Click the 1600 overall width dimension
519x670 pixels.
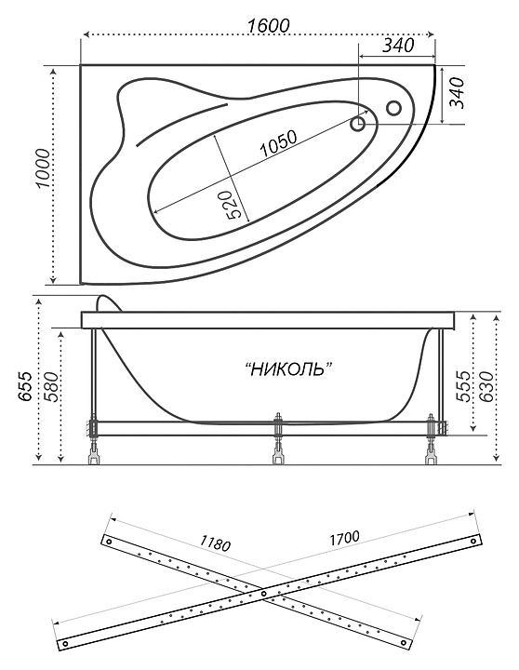[268, 26]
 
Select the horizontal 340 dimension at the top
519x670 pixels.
[398, 45]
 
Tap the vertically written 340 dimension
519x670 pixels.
[456, 93]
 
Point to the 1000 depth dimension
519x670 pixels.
[43, 168]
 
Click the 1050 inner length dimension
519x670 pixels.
[278, 143]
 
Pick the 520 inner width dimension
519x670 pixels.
[233, 205]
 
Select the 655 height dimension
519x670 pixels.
[25, 386]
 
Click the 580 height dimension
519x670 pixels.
[51, 387]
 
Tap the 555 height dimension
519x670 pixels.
[462, 386]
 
